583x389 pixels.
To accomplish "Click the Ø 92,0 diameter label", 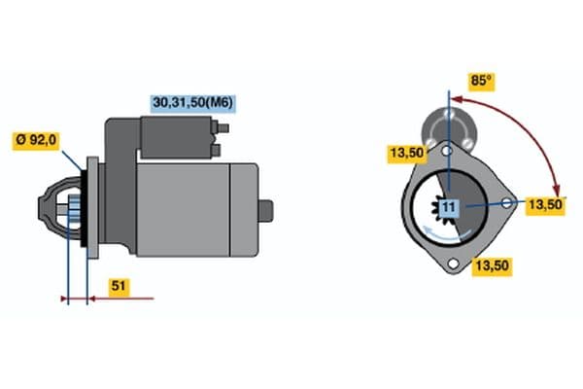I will tap(37, 140).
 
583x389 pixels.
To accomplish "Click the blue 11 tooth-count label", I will tap(448, 206).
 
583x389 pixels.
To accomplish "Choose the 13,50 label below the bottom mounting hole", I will tap(491, 265).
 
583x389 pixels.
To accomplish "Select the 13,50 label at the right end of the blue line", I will tap(544, 204).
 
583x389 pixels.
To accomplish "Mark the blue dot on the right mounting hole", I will tap(509, 203).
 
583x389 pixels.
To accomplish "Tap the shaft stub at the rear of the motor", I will tap(266, 208).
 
